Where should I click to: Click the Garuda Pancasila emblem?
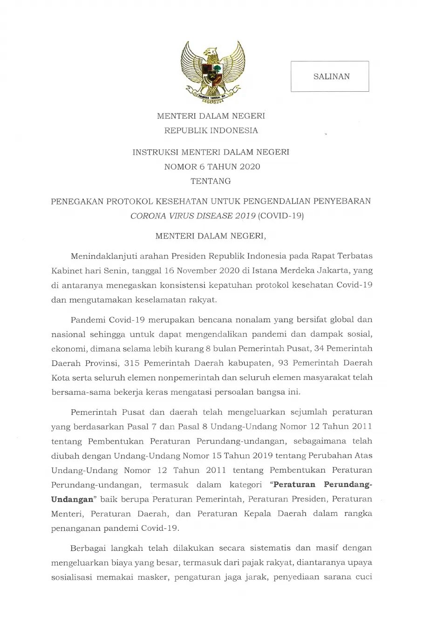click(213, 70)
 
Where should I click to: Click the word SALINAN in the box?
click(331, 76)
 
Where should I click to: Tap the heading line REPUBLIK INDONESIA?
click(211, 130)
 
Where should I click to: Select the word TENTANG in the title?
click(210, 181)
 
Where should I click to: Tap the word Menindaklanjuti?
click(101, 256)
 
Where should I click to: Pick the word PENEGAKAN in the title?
click(76, 201)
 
